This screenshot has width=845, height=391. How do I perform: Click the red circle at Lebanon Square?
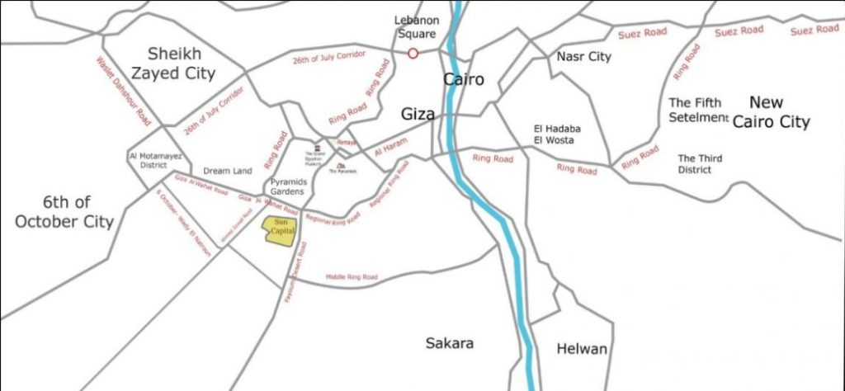tap(413, 54)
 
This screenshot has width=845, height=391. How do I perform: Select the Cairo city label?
tap(463, 80)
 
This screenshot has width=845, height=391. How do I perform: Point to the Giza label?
tap(418, 114)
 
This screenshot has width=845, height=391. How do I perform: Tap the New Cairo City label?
tap(779, 112)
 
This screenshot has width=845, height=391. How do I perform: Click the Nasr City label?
tap(583, 57)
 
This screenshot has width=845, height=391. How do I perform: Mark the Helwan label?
tap(582, 349)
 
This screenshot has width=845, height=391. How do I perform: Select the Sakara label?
tap(450, 343)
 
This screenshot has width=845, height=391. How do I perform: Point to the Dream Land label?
tap(227, 171)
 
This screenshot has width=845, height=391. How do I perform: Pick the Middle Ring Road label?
tap(352, 277)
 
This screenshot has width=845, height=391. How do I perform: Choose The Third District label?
tap(700, 163)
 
